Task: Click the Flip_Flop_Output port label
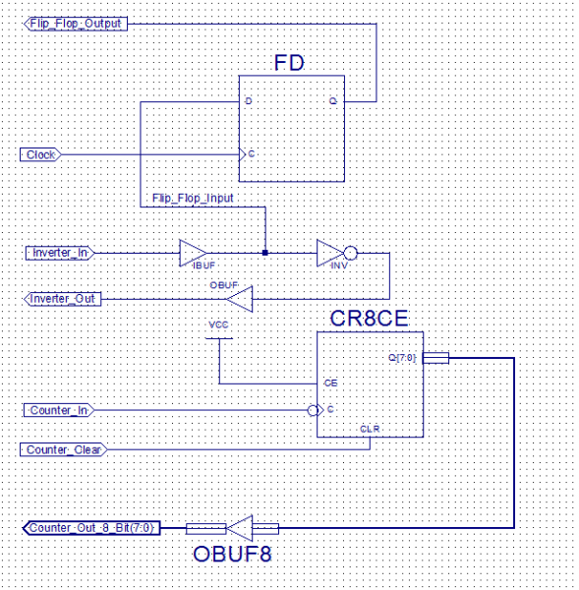(75, 23)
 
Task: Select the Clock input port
(40, 154)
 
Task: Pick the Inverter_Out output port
(62, 298)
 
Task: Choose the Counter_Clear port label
(63, 449)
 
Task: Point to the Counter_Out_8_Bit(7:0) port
(90, 528)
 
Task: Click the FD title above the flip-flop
(288, 65)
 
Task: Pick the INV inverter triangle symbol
(330, 254)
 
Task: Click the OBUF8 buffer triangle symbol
(240, 528)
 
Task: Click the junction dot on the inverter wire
(265, 253)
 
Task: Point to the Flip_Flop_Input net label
(193, 199)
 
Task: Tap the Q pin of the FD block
(333, 100)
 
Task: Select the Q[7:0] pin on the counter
(404, 358)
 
